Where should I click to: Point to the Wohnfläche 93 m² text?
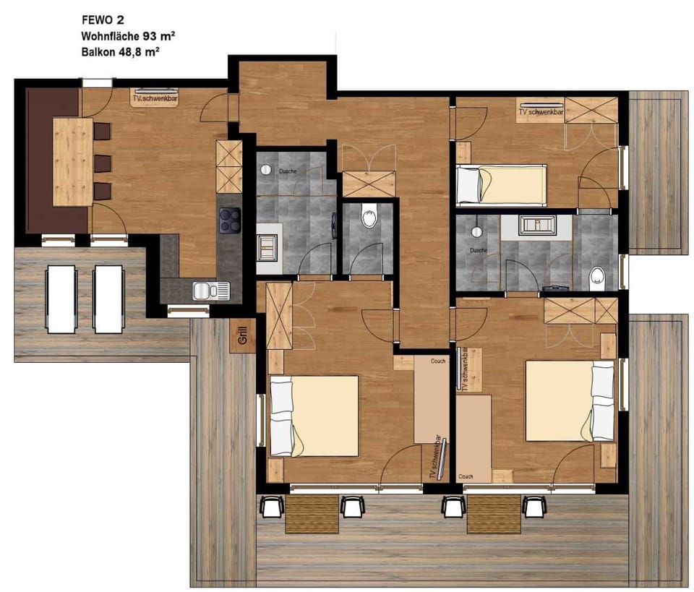[x=128, y=35]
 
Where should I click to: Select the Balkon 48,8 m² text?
[x=119, y=51]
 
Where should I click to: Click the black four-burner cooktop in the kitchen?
[x=230, y=220]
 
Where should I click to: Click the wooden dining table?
[x=73, y=161]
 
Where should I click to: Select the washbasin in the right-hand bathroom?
[x=536, y=225]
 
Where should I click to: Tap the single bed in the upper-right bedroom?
[x=501, y=184]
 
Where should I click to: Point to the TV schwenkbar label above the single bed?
[x=541, y=112]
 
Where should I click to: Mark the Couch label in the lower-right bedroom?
[x=466, y=477]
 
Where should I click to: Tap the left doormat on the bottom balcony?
[x=312, y=514]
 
